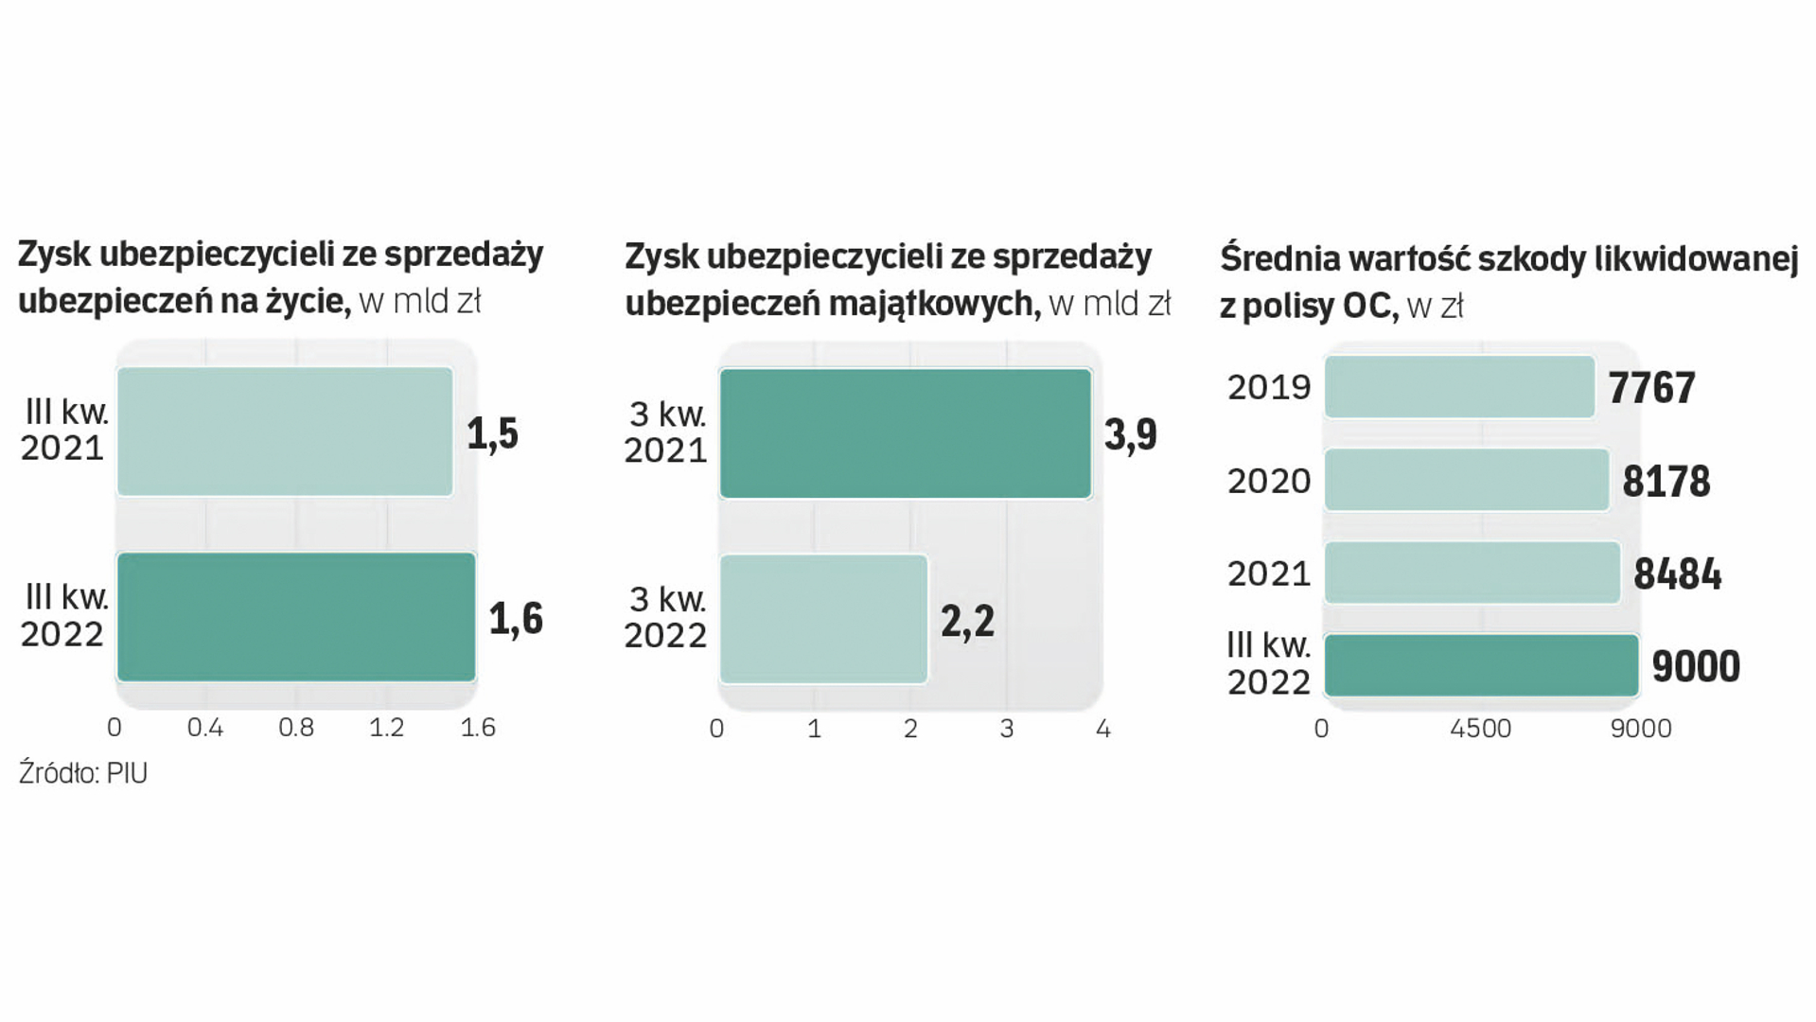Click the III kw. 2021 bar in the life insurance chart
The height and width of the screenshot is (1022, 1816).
(x=285, y=432)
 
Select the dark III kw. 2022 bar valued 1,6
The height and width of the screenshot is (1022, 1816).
(x=296, y=617)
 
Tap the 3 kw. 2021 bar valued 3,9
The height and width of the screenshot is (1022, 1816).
(x=906, y=433)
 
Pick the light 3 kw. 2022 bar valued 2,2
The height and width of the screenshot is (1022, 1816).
(x=823, y=619)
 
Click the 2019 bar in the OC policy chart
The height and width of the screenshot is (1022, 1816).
(x=1459, y=387)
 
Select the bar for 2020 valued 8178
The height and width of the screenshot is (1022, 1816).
(x=1467, y=480)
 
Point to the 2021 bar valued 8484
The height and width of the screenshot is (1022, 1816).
(x=1472, y=573)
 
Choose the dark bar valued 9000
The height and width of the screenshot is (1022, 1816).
(x=1481, y=666)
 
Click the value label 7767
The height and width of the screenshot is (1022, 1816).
(x=1651, y=388)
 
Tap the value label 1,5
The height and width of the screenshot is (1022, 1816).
(x=492, y=433)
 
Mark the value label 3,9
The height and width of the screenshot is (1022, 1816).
(x=1130, y=434)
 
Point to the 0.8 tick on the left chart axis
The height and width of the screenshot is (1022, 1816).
(x=296, y=728)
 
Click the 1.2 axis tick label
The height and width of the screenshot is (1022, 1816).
(x=386, y=728)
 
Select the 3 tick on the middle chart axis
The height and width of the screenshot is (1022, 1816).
(x=1007, y=729)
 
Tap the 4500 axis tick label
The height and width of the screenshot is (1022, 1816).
(x=1481, y=729)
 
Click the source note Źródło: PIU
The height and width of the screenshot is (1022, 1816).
(x=83, y=773)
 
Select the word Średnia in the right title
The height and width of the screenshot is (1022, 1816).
(x=1278, y=258)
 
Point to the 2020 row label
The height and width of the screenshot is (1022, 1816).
(x=1269, y=481)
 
